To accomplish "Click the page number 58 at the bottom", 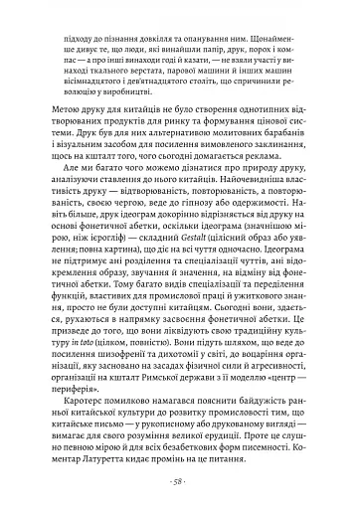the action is pyautogui.click(x=180, y=479).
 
